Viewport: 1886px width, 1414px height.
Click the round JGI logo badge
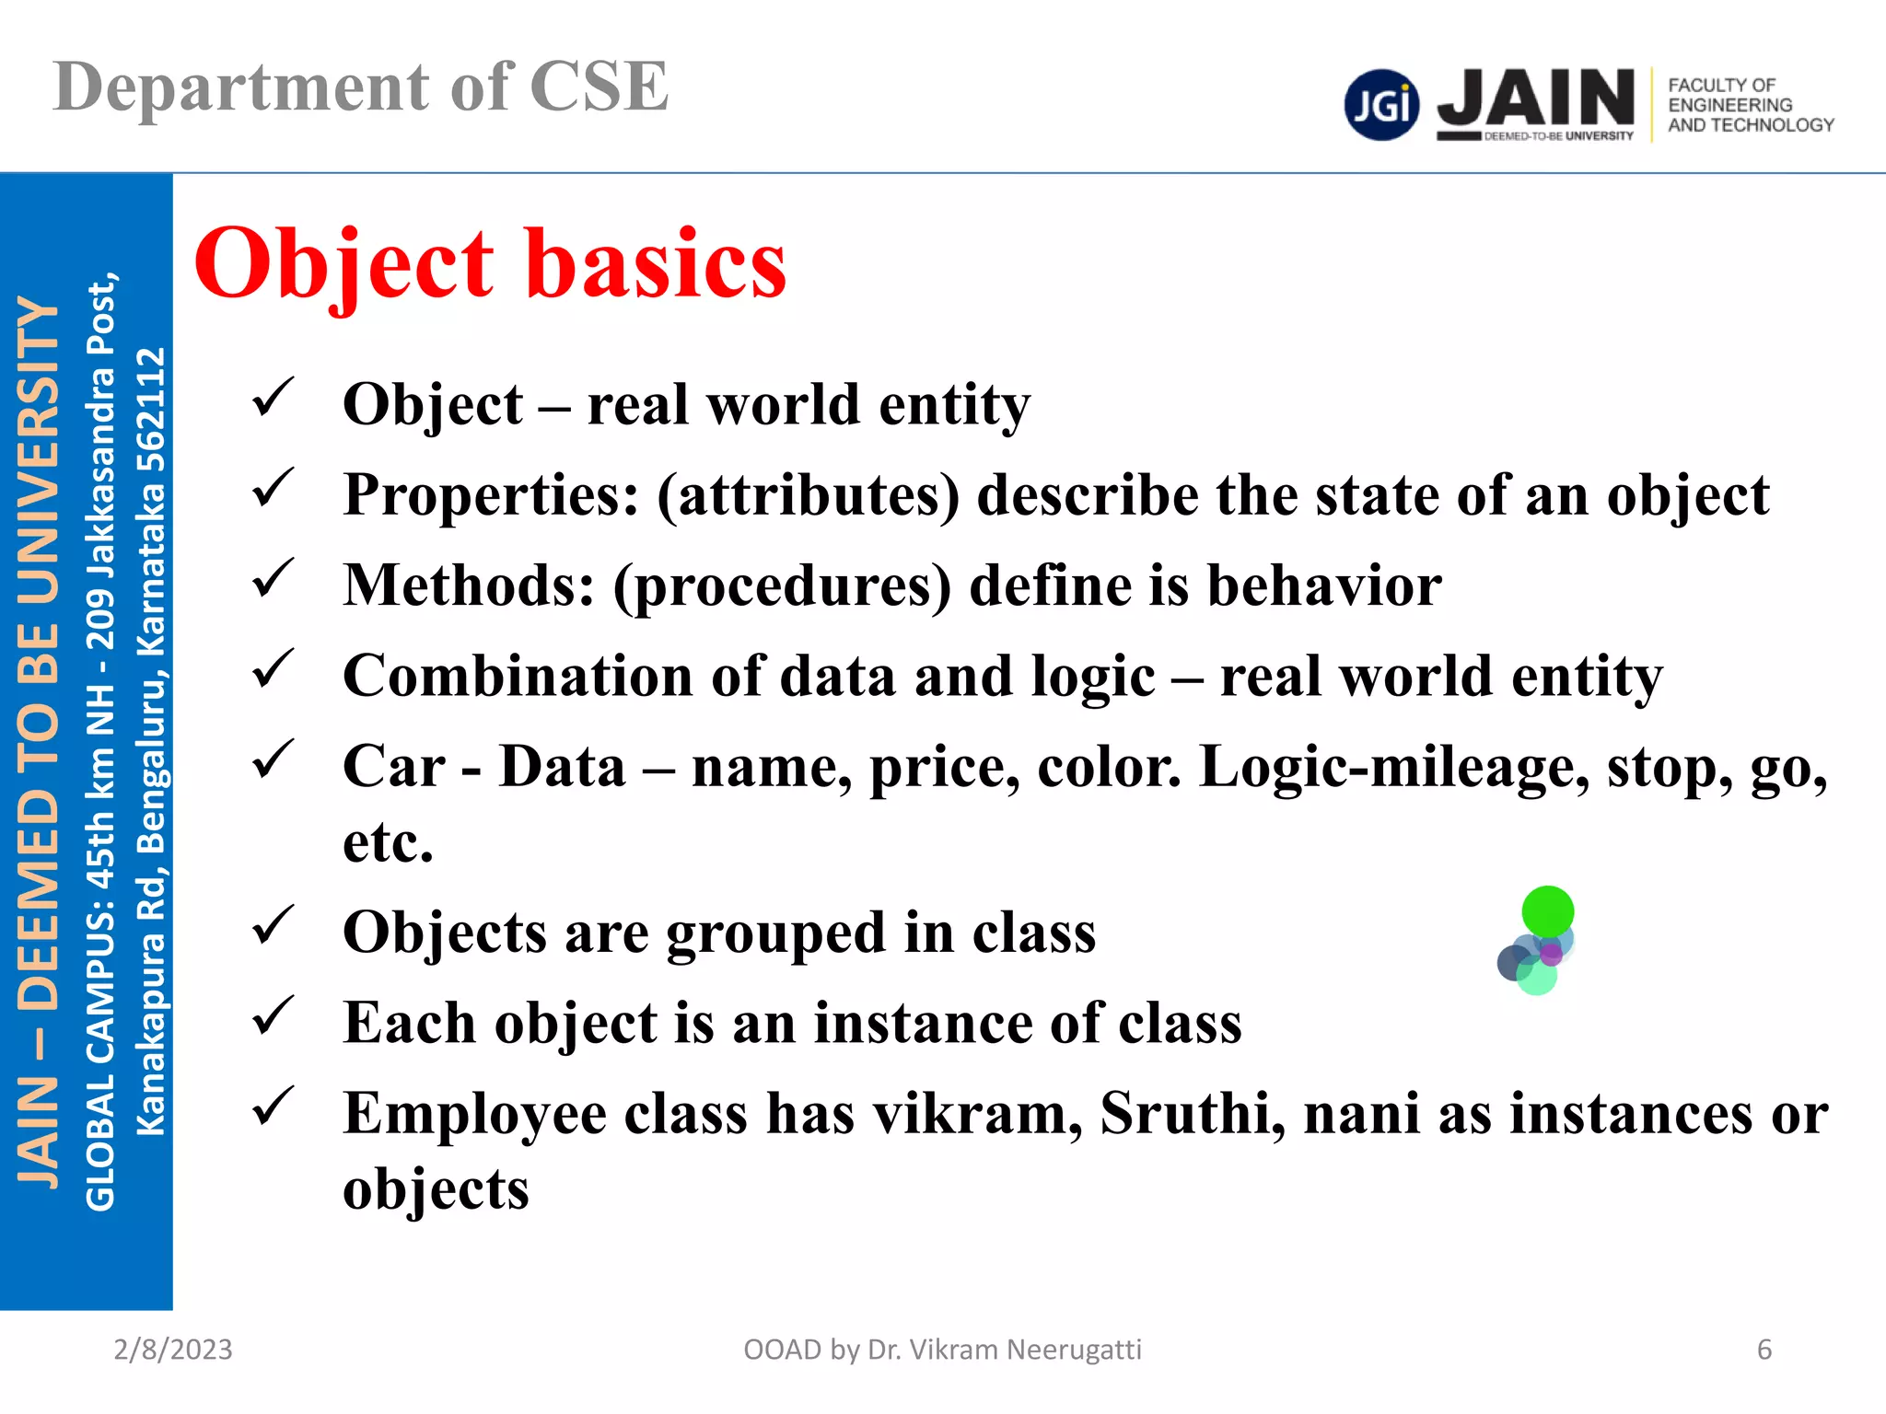pyautogui.click(x=1381, y=105)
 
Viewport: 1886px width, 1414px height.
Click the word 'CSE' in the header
pyautogui.click(x=599, y=87)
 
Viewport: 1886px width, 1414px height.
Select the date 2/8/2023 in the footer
pyautogui.click(x=173, y=1350)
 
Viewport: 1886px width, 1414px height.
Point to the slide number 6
pyautogui.click(x=1764, y=1350)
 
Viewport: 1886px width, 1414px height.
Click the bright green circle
pyautogui.click(x=1548, y=911)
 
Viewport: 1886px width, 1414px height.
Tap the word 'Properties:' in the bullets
pyautogui.click(x=491, y=495)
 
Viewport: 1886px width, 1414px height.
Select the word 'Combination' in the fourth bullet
pyautogui.click(x=518, y=676)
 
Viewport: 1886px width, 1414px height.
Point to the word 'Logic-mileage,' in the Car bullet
pyautogui.click(x=1394, y=767)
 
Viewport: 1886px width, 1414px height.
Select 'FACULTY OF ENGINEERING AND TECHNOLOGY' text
pyautogui.click(x=1750, y=105)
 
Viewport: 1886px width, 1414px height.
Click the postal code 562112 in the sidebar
pyautogui.click(x=151, y=410)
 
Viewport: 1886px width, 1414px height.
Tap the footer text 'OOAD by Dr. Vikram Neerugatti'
pyautogui.click(x=942, y=1350)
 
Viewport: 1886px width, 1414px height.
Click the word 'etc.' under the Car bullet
pyautogui.click(x=388, y=841)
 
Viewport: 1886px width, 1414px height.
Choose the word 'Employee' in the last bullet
pyautogui.click(x=474, y=1113)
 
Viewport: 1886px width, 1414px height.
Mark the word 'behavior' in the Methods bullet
pyautogui.click(x=1324, y=585)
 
